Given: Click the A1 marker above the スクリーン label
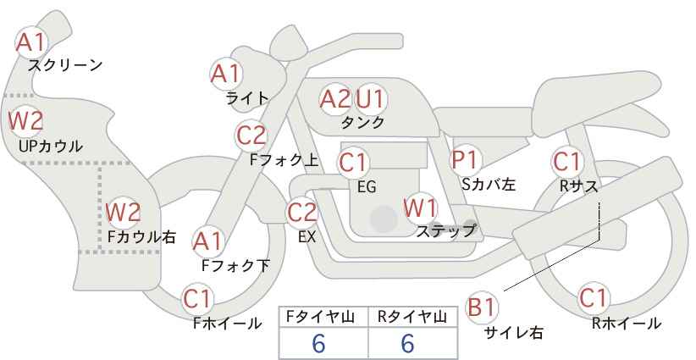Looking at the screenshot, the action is (31, 42).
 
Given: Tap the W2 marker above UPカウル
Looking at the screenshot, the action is (25, 121).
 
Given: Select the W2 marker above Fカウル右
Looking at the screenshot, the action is (123, 212).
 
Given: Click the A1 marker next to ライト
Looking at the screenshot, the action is (226, 73).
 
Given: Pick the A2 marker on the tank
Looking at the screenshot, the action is (335, 99).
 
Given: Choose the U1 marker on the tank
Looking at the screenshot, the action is (370, 99).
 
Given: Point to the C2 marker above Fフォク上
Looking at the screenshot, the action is (251, 135).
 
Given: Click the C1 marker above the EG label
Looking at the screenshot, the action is (353, 163).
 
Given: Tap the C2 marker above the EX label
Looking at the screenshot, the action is (302, 212).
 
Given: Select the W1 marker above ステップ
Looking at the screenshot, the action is (420, 208).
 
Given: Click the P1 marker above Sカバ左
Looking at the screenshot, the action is (464, 159).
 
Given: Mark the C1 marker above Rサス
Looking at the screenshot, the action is (566, 161).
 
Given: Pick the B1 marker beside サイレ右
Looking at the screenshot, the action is (481, 307).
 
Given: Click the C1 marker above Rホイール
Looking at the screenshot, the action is (593, 297).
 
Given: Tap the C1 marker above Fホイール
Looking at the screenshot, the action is (197, 298).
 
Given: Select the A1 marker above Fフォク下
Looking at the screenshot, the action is (207, 241).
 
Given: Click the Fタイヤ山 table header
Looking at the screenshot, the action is (320, 317).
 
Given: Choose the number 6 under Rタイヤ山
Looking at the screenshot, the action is (407, 343).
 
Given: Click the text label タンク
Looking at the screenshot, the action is (362, 123).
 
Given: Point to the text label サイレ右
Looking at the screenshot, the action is (514, 333).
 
